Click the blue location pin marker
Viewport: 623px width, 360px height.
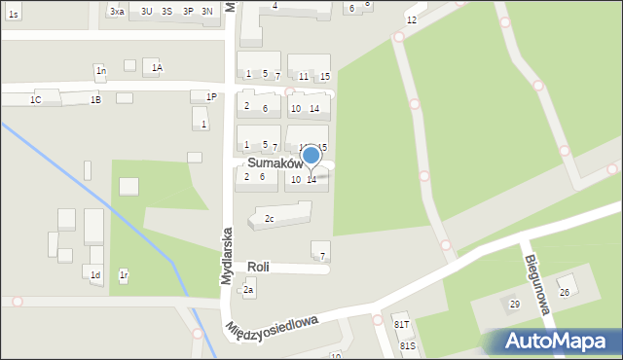pyautogui.click(x=311, y=156)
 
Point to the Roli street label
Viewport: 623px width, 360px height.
pyautogui.click(x=258, y=267)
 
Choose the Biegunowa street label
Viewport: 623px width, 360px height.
pyautogui.click(x=538, y=284)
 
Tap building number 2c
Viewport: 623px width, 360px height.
pyautogui.click(x=270, y=219)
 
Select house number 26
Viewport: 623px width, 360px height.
pyautogui.click(x=564, y=292)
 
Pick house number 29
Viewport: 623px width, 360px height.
pyautogui.click(x=515, y=305)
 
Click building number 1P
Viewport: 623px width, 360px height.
pyautogui.click(x=211, y=96)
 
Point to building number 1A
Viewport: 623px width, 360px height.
pyautogui.click(x=157, y=67)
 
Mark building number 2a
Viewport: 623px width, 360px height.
pyautogui.click(x=249, y=290)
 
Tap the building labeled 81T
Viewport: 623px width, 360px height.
pyautogui.click(x=401, y=323)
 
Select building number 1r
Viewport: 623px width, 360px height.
pyautogui.click(x=124, y=276)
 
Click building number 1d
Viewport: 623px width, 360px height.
pyautogui.click(x=95, y=275)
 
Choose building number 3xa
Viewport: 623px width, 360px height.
pyautogui.click(x=117, y=11)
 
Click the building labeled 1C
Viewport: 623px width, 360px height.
pyautogui.click(x=36, y=99)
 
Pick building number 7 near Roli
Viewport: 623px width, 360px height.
pyautogui.click(x=322, y=256)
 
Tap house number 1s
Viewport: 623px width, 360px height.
pyautogui.click(x=13, y=15)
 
